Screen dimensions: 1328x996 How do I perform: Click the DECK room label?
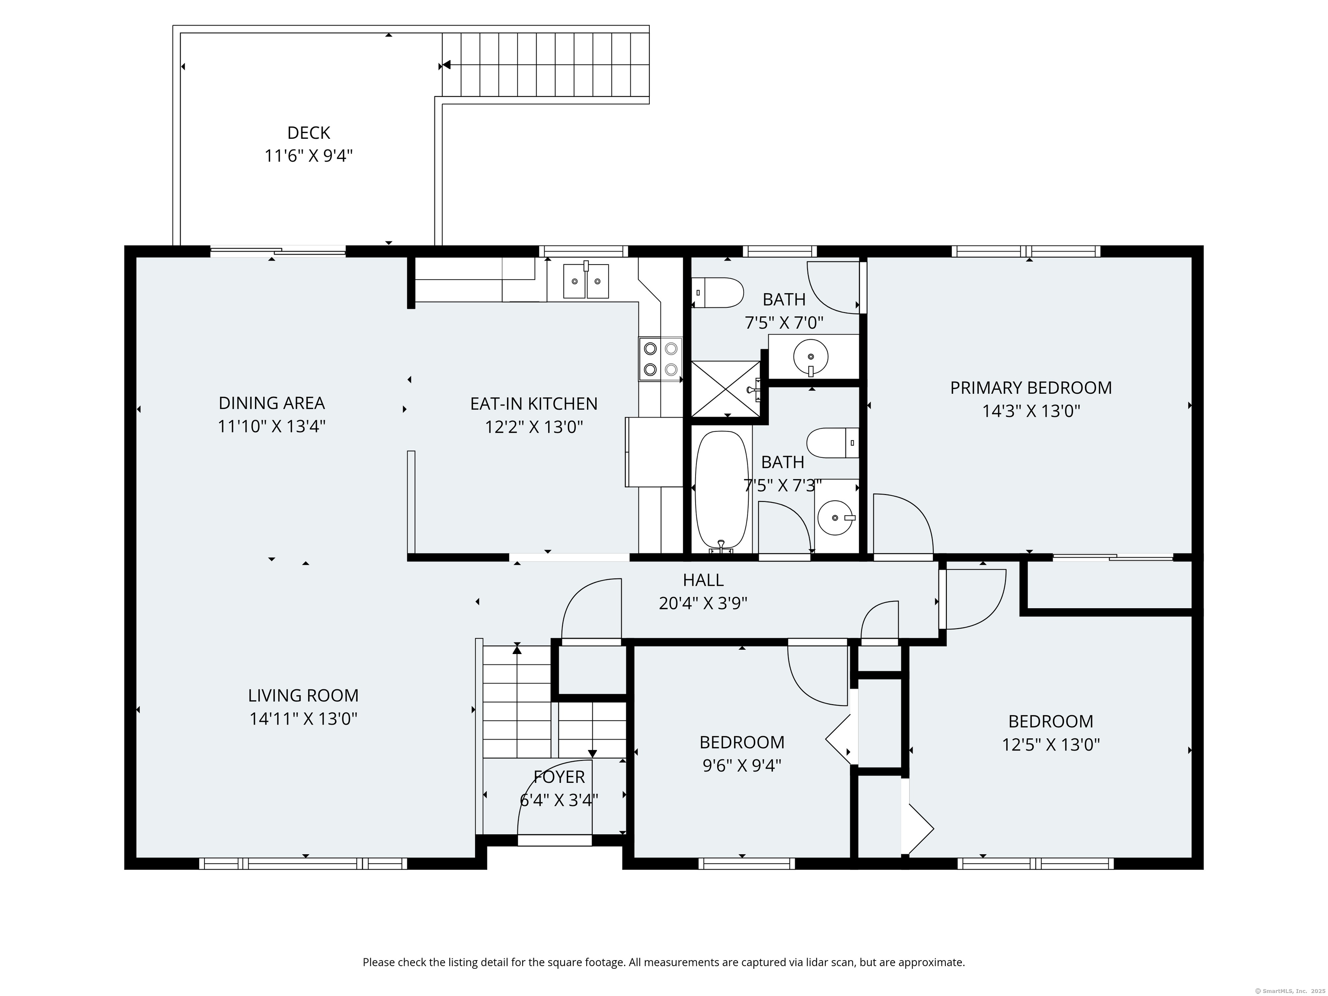(x=309, y=133)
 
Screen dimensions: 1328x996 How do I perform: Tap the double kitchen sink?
(x=585, y=281)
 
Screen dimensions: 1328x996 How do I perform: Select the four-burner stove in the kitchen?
(x=661, y=359)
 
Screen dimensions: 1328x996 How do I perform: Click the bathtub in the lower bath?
(x=721, y=491)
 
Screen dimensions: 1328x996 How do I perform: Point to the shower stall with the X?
(x=726, y=389)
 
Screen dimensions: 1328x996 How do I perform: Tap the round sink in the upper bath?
(x=811, y=357)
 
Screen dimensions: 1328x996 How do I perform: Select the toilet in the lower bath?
(x=833, y=443)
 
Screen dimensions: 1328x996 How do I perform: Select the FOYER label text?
(x=559, y=777)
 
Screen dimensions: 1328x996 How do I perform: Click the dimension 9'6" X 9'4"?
(x=742, y=766)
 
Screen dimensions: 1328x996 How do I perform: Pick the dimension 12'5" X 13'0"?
(x=1050, y=745)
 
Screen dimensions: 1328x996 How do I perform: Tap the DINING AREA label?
(x=271, y=403)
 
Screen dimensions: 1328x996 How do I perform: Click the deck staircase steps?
(x=546, y=65)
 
